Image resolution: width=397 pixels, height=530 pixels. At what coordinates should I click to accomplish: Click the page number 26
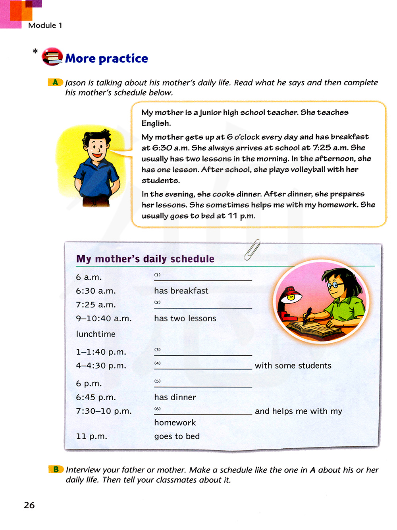click(x=29, y=505)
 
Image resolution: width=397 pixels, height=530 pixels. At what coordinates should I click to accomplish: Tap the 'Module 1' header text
click(x=45, y=25)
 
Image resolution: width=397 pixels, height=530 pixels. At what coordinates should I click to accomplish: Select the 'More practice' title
click(x=106, y=59)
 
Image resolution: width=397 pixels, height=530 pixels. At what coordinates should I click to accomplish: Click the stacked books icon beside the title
click(x=52, y=57)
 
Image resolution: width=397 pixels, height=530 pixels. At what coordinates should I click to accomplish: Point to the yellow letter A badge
click(x=55, y=82)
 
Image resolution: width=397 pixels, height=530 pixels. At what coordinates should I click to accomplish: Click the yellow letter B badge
click(x=56, y=469)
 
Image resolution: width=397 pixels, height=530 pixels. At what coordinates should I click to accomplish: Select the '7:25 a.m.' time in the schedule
click(x=96, y=305)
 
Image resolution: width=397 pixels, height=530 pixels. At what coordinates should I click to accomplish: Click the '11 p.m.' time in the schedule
click(x=92, y=436)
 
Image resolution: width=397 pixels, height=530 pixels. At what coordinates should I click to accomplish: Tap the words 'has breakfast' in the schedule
click(x=181, y=291)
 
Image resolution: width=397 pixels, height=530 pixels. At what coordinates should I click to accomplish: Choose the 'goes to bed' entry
click(x=177, y=436)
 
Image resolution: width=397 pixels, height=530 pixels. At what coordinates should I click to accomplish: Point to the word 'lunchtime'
click(x=96, y=334)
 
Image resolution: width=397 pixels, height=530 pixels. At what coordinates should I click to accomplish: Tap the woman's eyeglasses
click(x=335, y=284)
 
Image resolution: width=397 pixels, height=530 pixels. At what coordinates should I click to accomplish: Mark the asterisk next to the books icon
click(x=35, y=52)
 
